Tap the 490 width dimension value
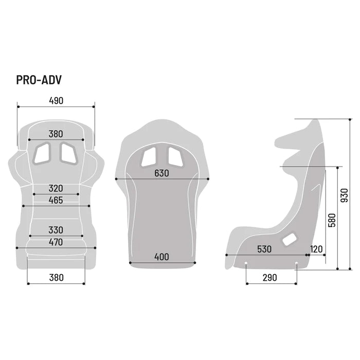pos(56,101)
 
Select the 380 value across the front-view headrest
pos(56,134)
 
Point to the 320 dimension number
pos(56,188)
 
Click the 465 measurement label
pos(56,200)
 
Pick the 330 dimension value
pos(56,230)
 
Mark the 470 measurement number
pos(56,242)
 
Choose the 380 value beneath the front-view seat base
pos(56,277)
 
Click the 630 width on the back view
pos(161,173)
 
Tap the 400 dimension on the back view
pos(161,257)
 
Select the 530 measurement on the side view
pos(265,249)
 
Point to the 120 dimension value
pos(316,249)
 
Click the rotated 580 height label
pos(332,220)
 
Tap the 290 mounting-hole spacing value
pos(269,277)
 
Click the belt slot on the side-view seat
pos(290,239)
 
